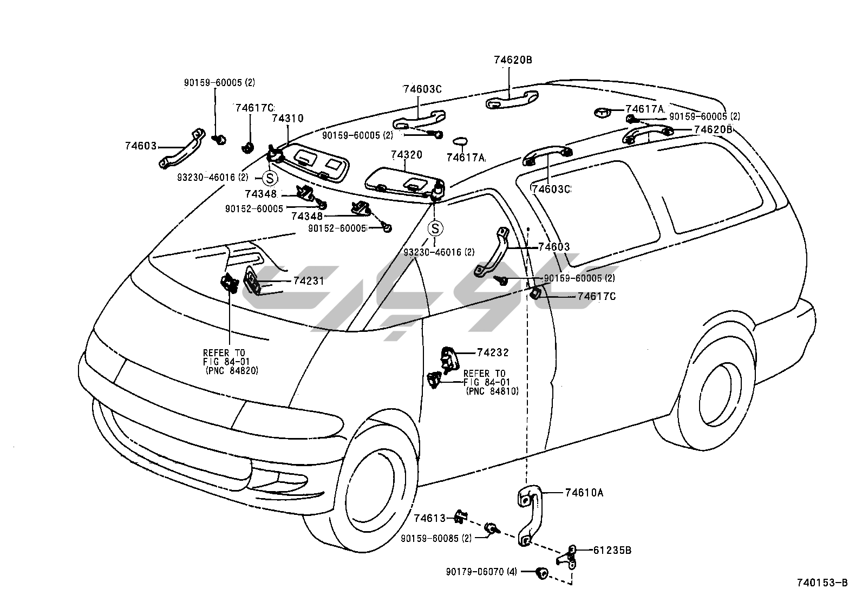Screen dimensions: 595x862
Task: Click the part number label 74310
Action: click(x=288, y=119)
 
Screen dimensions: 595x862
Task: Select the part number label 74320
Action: click(x=407, y=155)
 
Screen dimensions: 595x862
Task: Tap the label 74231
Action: click(x=309, y=281)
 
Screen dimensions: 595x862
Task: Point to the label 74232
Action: click(x=493, y=352)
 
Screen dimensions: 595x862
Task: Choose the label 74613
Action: click(x=430, y=518)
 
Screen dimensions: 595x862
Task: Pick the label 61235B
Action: click(x=612, y=551)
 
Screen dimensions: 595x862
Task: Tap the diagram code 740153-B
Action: click(x=821, y=583)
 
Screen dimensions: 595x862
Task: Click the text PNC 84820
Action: click(x=232, y=371)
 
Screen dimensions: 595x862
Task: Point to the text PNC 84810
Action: click(x=492, y=391)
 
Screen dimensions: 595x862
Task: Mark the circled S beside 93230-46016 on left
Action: click(x=270, y=177)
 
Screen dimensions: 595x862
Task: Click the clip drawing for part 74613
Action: click(x=460, y=516)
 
